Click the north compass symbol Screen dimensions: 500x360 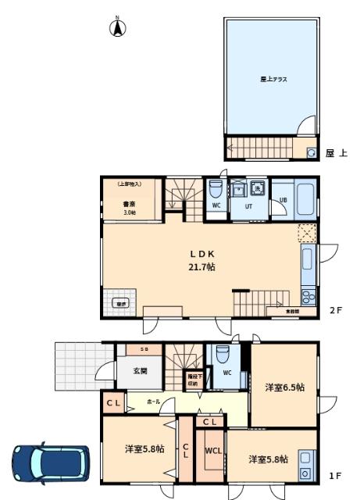click(x=117, y=29)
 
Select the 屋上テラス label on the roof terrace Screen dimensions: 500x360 click(x=270, y=79)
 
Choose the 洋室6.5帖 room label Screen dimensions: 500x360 click(x=283, y=387)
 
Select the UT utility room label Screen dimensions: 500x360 click(x=249, y=207)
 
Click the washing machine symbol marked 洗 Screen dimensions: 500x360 click(x=255, y=187)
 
